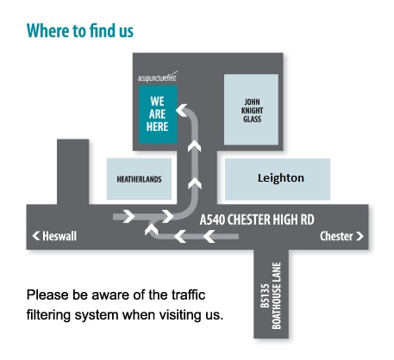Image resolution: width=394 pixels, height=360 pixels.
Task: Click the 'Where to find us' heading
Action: [80, 31]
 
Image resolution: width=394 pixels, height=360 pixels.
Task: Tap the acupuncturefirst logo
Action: [158, 77]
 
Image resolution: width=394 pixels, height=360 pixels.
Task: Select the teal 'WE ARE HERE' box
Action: [158, 115]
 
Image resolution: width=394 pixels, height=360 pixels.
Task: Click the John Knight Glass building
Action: [251, 109]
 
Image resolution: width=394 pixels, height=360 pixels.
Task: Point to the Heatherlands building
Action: [139, 179]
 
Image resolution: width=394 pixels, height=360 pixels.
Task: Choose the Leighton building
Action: [278, 179]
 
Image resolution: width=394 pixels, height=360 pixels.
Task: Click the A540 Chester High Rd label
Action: [257, 220]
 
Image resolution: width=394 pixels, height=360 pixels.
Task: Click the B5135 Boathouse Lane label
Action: [271, 295]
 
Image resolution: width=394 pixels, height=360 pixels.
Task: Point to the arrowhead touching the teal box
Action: [182, 110]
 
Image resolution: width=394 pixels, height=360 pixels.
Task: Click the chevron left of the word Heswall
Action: [36, 236]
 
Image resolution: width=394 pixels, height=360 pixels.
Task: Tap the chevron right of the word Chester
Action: [360, 236]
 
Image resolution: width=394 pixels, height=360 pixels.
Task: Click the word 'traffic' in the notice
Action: [188, 295]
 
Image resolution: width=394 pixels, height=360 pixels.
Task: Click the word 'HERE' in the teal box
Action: [157, 127]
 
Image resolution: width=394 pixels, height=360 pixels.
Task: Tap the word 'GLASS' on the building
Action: [252, 119]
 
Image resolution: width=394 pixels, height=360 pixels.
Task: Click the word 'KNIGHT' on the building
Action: [252, 110]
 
